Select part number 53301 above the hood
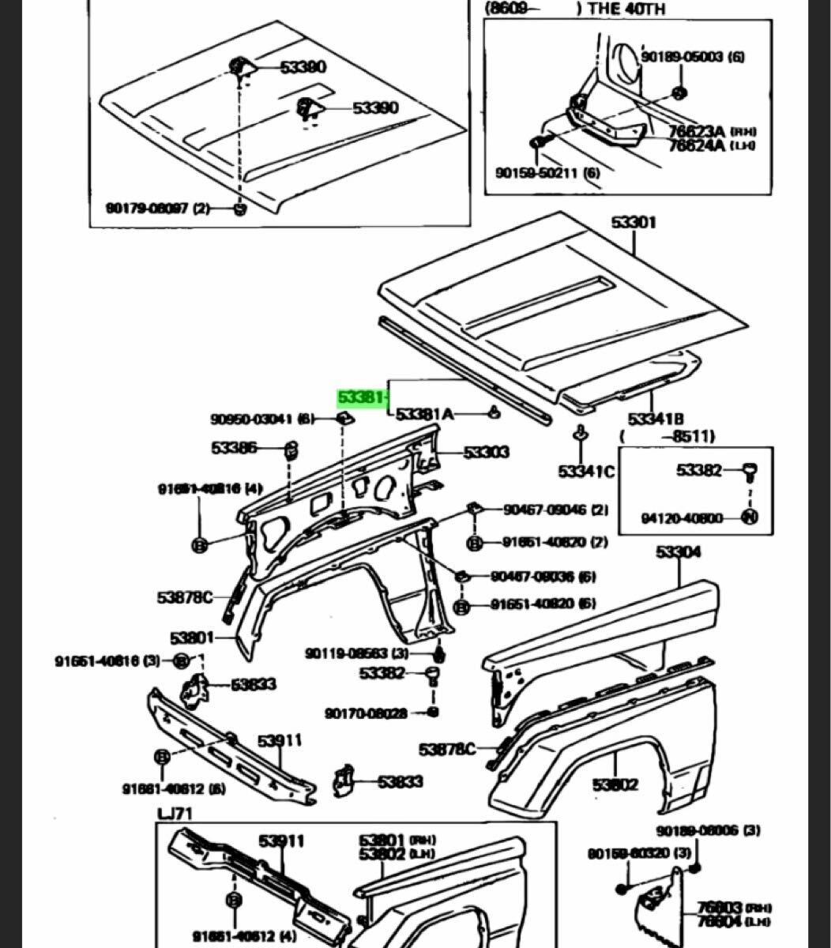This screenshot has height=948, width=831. point(633,224)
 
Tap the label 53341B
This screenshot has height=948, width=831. point(656,418)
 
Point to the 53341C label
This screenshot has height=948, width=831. point(585,472)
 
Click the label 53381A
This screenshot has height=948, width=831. point(425,413)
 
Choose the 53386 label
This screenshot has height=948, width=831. point(234,449)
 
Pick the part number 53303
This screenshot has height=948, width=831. point(486,453)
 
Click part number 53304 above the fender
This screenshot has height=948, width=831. point(677,553)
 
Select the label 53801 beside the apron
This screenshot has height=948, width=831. point(192,637)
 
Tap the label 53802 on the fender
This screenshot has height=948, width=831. point(615,784)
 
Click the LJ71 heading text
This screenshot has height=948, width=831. point(175,814)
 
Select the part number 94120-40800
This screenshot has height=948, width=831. point(682,519)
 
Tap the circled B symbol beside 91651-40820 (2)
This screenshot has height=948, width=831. point(475,544)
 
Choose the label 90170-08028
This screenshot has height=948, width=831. point(366,713)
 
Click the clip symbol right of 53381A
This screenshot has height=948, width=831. point(494,412)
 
